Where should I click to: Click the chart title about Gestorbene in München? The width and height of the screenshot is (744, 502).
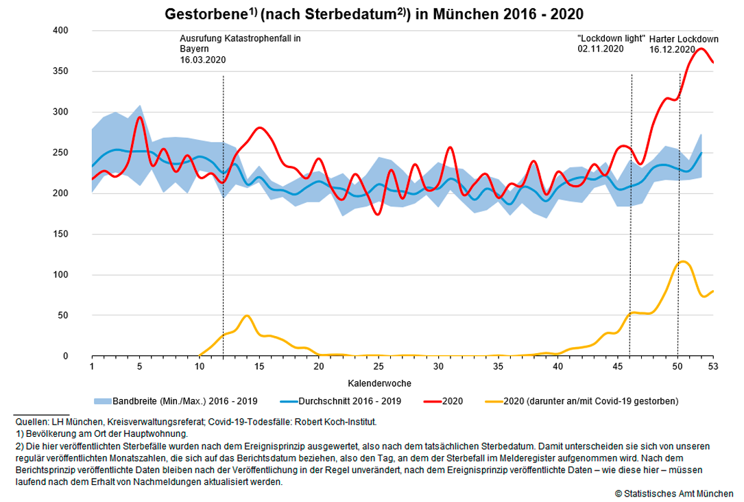tap(374, 14)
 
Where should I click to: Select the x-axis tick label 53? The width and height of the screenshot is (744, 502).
tap(713, 367)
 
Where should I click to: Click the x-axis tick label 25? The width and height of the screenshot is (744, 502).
tap(378, 367)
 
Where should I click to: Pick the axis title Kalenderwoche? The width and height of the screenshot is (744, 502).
tap(380, 382)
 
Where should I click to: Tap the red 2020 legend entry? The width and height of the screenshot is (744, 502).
tap(450, 400)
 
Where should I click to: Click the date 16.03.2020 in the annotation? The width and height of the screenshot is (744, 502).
tap(203, 60)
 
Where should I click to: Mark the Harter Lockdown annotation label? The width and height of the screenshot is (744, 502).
tap(684, 39)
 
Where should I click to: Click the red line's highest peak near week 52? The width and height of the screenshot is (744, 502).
tap(701, 49)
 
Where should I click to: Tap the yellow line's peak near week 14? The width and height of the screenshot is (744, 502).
tap(247, 315)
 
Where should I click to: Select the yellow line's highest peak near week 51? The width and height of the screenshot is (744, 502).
tap(683, 261)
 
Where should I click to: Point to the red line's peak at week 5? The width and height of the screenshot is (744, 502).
tap(139, 117)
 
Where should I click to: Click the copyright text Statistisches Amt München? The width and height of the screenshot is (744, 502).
tap(674, 493)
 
